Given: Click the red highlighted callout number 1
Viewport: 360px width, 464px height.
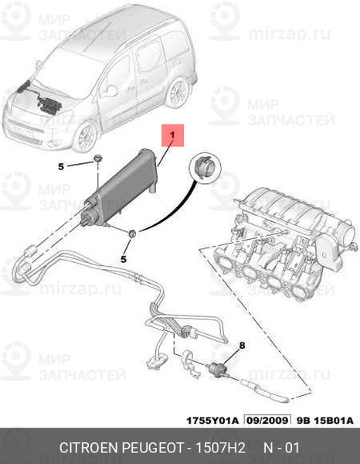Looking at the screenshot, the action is tap(172, 135).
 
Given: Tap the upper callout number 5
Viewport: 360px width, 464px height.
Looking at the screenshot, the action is tap(61, 166).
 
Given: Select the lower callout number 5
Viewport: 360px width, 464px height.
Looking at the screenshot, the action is tap(124, 259).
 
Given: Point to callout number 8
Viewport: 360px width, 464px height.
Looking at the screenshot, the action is tap(242, 345).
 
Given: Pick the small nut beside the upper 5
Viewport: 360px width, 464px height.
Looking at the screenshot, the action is tap(97, 159).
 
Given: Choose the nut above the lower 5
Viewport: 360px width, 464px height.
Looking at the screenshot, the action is tap(132, 233).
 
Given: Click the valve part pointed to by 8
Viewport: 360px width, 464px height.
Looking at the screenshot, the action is tap(217, 369).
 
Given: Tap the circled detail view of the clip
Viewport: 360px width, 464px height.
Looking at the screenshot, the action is tap(205, 168).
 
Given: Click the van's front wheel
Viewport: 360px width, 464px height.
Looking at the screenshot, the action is tap(86, 138).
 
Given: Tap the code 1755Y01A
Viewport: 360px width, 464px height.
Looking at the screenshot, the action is tap(212, 420).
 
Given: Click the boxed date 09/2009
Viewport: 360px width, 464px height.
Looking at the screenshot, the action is tap(267, 420).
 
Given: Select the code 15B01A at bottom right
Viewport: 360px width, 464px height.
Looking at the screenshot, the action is tap(334, 420).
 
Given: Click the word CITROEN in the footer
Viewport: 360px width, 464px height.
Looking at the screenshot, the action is tap(90, 448).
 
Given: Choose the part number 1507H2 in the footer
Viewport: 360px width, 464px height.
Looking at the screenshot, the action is tap(219, 448).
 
